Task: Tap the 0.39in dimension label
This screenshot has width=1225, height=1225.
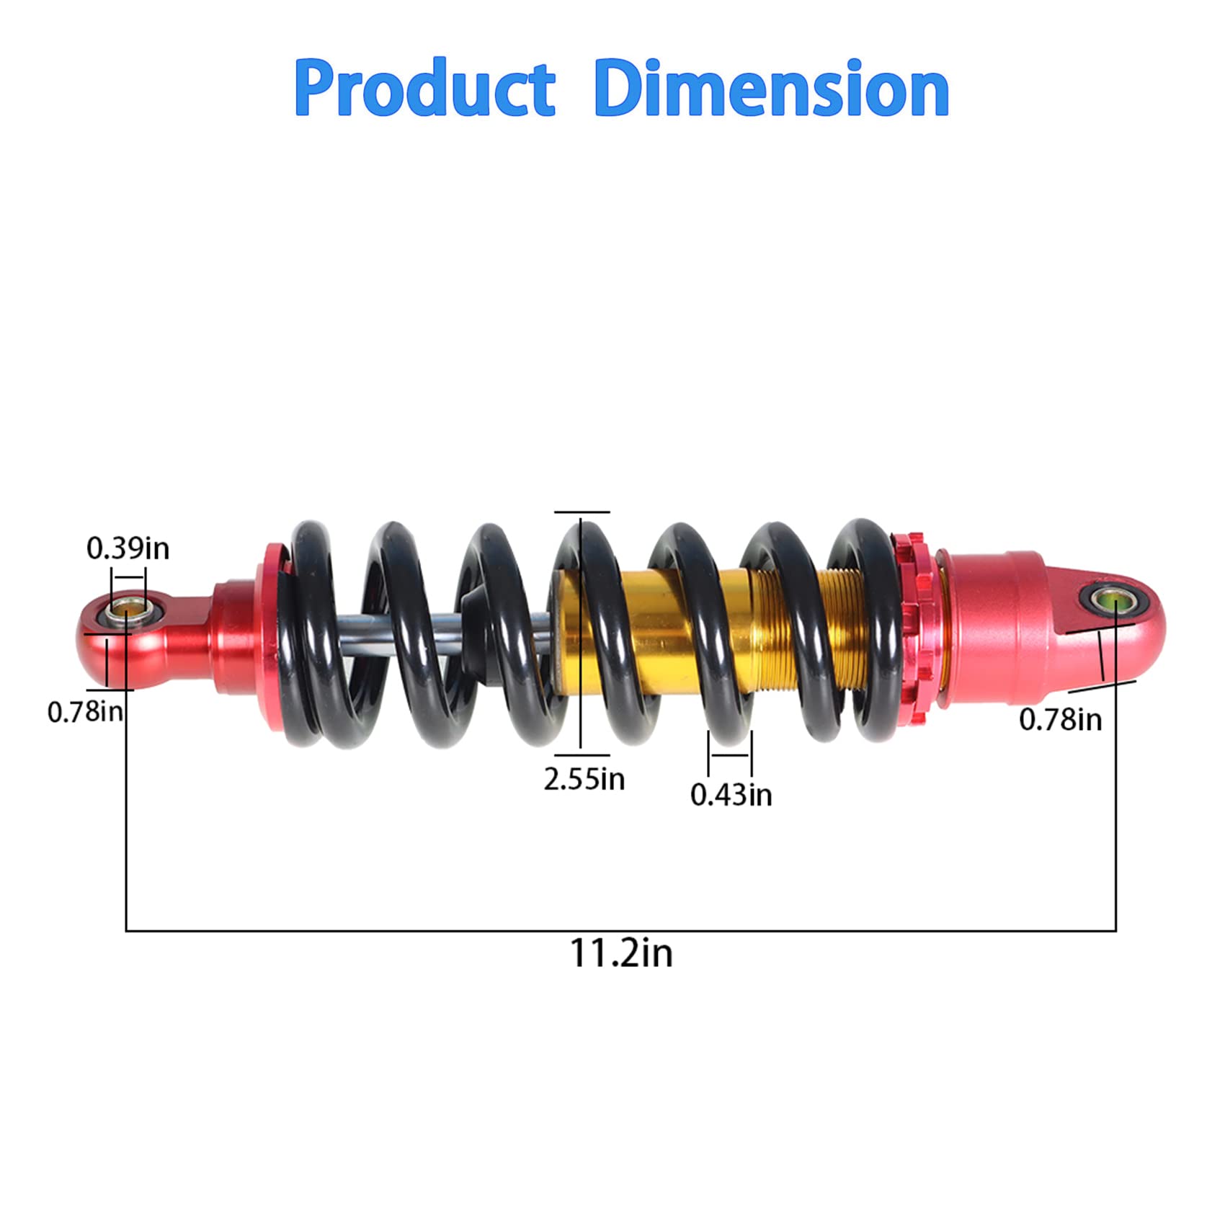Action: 128,549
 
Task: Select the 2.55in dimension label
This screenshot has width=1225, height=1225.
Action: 584,780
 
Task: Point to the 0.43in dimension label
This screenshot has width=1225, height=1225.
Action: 731,795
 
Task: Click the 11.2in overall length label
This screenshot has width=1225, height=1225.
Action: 621,953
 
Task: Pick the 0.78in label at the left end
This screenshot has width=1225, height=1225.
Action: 85,712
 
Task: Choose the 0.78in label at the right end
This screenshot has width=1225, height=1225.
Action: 1060,719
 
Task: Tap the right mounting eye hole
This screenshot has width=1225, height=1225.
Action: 1113,600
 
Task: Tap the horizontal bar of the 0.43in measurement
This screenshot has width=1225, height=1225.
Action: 729,755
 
